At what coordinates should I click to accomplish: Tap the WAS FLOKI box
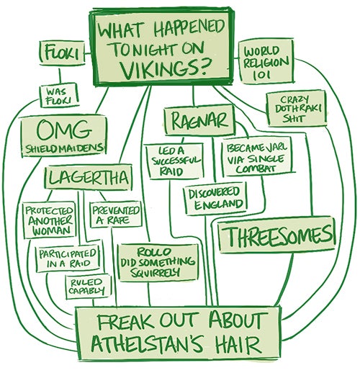click(x=59, y=96)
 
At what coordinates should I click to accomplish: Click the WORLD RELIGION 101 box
click(x=266, y=62)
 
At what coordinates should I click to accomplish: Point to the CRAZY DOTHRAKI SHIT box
click(x=297, y=109)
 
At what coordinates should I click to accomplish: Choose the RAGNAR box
click(x=199, y=120)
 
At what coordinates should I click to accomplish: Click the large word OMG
click(x=64, y=130)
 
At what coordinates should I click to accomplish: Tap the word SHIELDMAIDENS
click(x=65, y=149)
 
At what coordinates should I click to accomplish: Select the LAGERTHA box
click(x=89, y=177)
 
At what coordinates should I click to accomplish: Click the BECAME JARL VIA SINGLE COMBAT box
click(x=257, y=157)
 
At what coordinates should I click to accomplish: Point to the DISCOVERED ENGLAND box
click(x=215, y=198)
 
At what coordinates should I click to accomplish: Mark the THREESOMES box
click(x=276, y=235)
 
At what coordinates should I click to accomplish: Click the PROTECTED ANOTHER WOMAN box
click(x=49, y=220)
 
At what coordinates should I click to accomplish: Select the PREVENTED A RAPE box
click(x=116, y=215)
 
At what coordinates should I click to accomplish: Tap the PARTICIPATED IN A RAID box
click(x=68, y=259)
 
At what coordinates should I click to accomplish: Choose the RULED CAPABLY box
click(x=89, y=287)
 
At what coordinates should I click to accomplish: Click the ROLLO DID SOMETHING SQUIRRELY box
click(x=158, y=263)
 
